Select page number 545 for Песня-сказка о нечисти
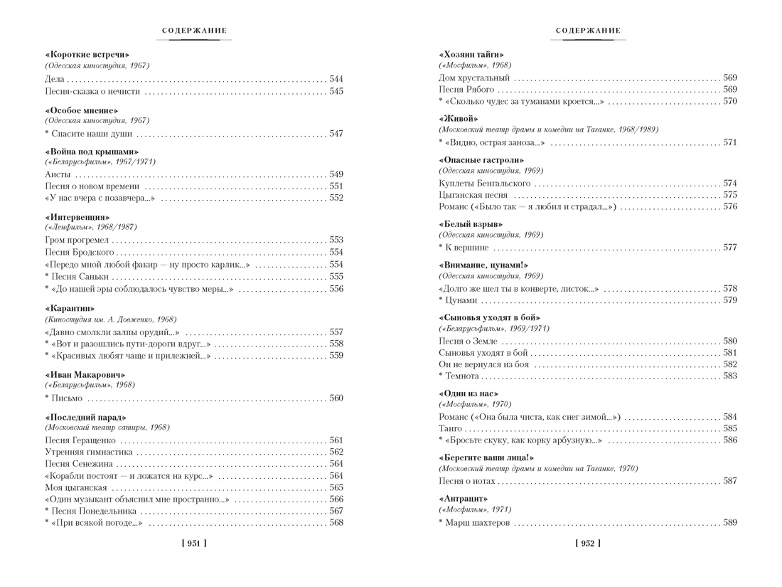[x=336, y=91]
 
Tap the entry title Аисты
[x=57, y=174]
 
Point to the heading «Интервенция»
[x=77, y=217]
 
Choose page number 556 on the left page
[x=336, y=289]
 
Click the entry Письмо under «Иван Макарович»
[x=67, y=398]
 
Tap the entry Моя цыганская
[x=75, y=487]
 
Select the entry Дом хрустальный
[x=474, y=78]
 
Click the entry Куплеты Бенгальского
[x=485, y=184]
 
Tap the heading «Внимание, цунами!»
[x=483, y=265]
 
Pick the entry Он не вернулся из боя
[x=484, y=364]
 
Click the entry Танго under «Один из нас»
[x=449, y=428]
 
